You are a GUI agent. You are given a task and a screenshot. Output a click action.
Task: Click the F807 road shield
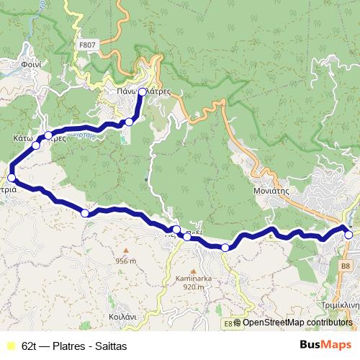86,45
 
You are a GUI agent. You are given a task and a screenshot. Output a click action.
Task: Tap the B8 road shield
346,266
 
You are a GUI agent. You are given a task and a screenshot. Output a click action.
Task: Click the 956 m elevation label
125,261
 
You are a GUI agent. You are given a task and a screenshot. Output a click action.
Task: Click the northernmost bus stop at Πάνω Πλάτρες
143,91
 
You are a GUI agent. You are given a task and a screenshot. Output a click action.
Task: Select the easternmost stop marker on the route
348,235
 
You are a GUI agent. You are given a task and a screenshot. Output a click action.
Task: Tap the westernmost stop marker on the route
11,177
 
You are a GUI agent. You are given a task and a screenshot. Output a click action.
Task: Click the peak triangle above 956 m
126,251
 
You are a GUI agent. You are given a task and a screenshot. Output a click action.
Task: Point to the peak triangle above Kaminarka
190,267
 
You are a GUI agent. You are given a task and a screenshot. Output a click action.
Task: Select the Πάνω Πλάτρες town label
144,92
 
